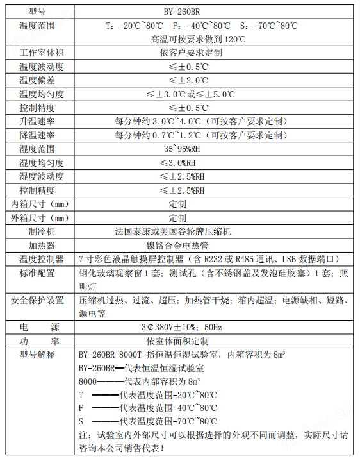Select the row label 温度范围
pos(37,26)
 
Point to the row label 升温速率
pos(37,121)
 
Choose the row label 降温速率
pos(37,135)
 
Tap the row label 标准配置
pos(37,273)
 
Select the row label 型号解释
pos(37,355)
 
